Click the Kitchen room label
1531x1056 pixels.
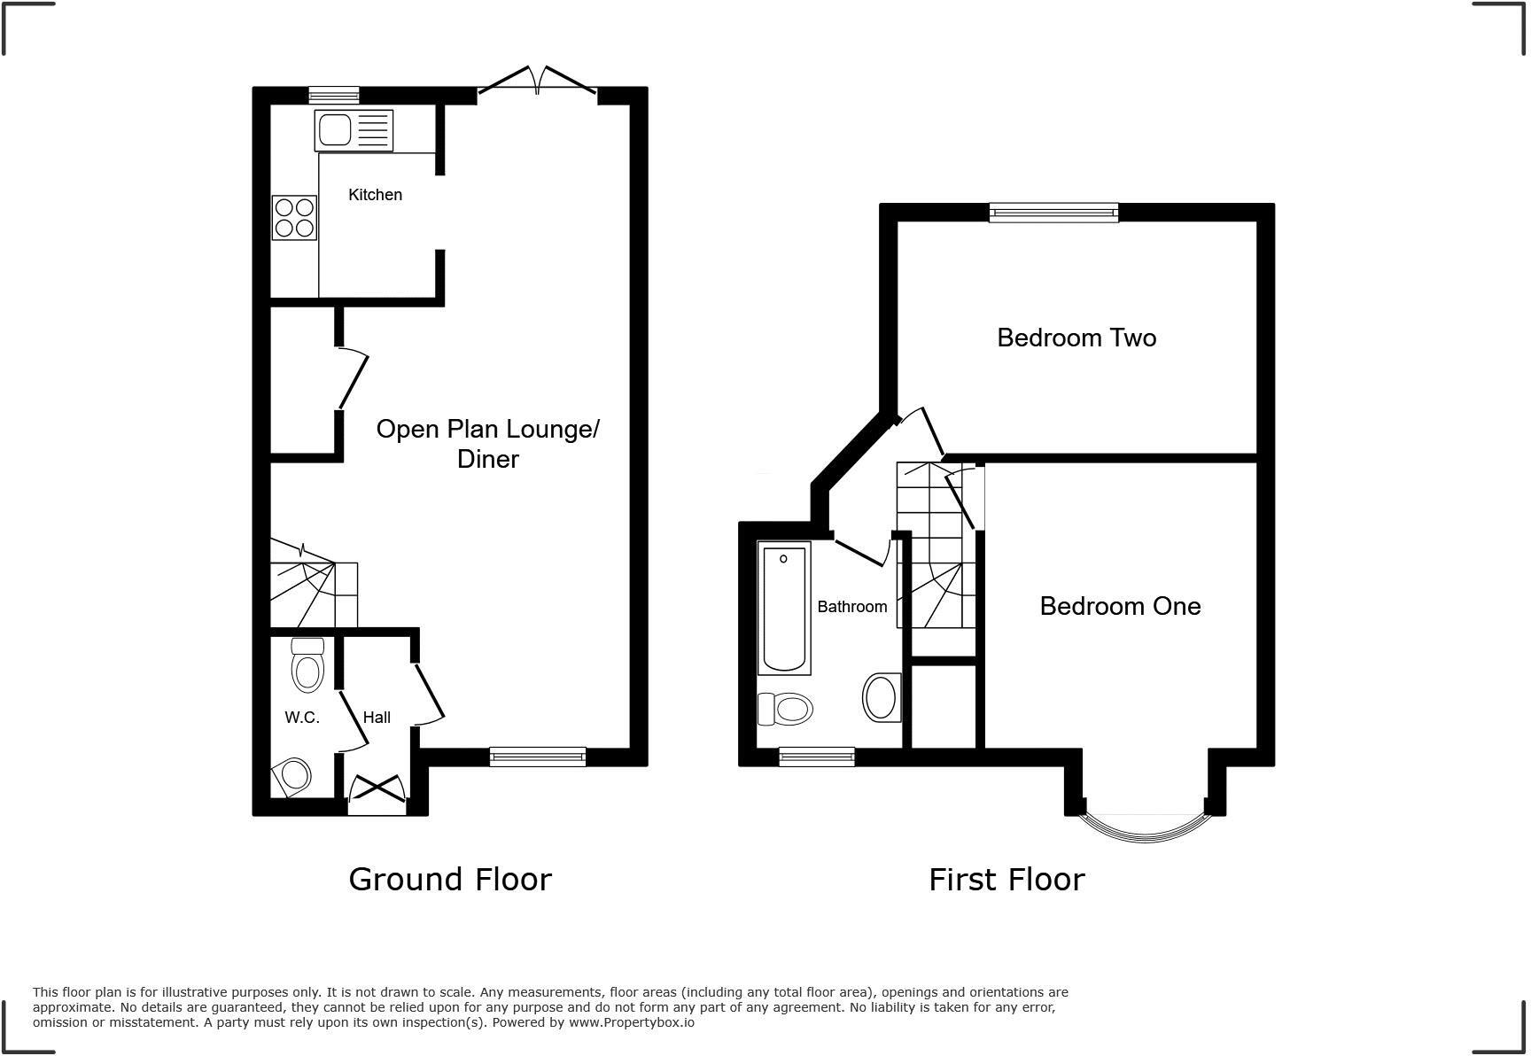click(375, 195)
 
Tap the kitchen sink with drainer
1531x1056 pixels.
click(354, 130)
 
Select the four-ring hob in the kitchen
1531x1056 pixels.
click(294, 218)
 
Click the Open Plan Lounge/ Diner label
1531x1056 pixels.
click(487, 444)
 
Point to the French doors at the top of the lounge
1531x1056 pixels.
click(537, 82)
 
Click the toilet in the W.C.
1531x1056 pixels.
click(307, 666)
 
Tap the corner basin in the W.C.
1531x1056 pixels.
click(293, 776)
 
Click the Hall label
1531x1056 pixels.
click(377, 718)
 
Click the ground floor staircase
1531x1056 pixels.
click(312, 586)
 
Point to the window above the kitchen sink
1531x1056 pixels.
click(334, 95)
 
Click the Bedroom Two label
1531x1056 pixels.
click(1076, 338)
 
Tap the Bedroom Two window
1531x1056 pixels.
click(1053, 213)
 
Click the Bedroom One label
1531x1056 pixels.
click(1120, 606)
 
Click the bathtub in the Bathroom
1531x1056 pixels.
click(784, 608)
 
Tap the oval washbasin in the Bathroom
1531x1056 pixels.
click(882, 698)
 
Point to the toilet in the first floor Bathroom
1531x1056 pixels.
click(787, 709)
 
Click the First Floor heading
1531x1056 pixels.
click(1006, 880)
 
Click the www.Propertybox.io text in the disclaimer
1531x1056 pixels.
click(631, 1022)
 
